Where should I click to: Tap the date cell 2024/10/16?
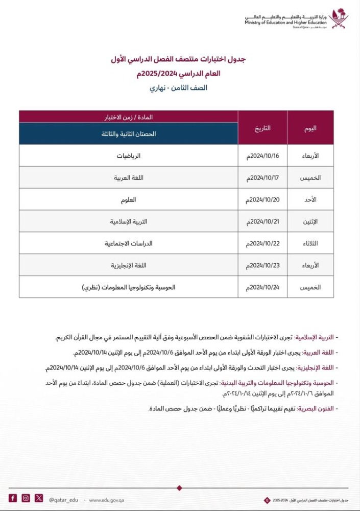click(x=262, y=155)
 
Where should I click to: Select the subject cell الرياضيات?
click(x=129, y=155)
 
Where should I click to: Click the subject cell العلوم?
click(x=129, y=199)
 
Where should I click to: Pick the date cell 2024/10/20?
click(x=262, y=199)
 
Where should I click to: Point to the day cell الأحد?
click(x=310, y=199)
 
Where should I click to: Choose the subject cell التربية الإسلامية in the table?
click(x=129, y=222)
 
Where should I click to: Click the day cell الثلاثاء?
click(x=310, y=244)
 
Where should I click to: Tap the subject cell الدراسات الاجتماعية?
click(x=129, y=244)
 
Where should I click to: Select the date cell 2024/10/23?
click(x=262, y=266)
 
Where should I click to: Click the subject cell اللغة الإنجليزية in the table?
click(x=129, y=266)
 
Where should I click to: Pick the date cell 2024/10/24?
click(x=262, y=288)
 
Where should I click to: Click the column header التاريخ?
click(x=262, y=128)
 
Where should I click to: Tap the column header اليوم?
click(x=310, y=128)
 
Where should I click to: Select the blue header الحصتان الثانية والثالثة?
click(x=129, y=134)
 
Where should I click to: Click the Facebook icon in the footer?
click(x=13, y=498)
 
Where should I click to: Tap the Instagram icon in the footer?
click(x=26, y=498)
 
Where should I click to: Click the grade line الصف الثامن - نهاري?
click(x=178, y=87)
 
